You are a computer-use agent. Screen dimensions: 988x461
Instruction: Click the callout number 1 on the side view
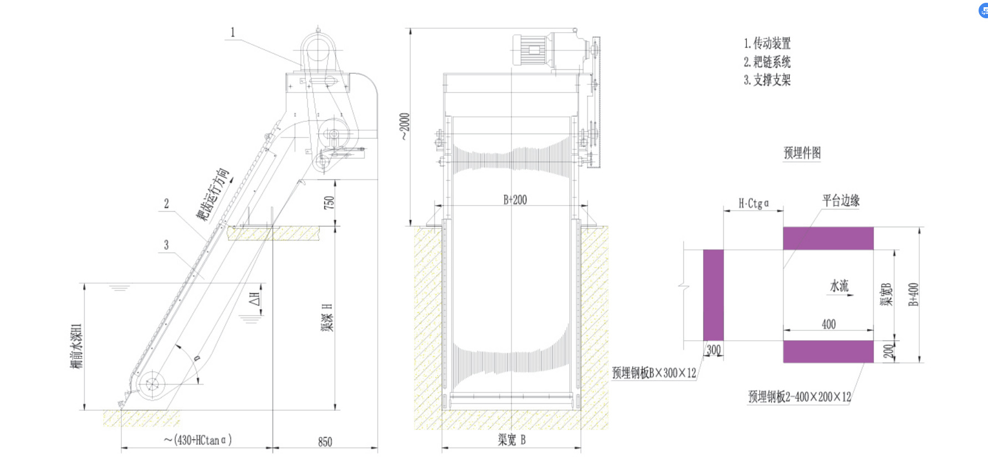233,33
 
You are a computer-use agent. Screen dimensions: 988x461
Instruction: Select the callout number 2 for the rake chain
166,203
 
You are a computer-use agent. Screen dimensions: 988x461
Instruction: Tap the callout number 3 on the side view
166,244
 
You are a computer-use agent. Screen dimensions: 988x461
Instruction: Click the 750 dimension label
329,202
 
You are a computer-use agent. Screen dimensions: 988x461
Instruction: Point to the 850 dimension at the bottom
325,442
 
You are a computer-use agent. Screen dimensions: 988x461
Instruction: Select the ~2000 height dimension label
405,126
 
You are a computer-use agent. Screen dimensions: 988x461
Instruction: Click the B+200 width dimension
515,199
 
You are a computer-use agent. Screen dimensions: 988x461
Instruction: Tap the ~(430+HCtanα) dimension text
198,440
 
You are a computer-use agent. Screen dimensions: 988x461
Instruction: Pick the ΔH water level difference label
255,299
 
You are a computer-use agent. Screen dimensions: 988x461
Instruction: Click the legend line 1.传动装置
767,43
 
